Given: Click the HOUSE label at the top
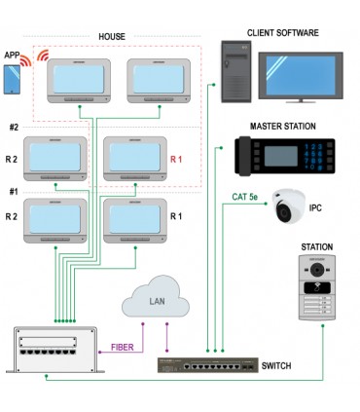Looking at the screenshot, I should click(112, 36).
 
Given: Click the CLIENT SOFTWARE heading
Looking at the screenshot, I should click(282, 31).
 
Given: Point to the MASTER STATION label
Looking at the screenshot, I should click(283, 126).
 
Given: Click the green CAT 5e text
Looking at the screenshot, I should click(245, 197).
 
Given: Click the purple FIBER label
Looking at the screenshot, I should click(123, 345).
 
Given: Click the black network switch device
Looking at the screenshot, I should click(207, 368).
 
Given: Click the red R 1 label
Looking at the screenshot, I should click(176, 158).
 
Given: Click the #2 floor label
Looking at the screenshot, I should click(14, 128).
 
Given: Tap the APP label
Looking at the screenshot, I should click(12, 56).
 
